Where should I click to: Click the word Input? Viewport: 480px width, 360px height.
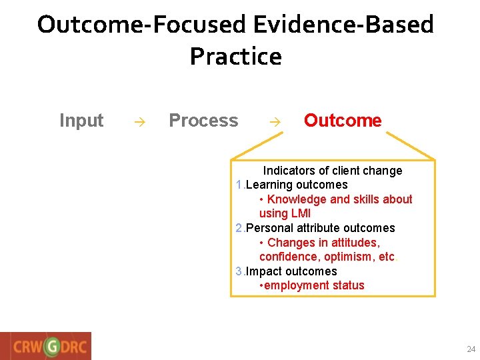(x=81, y=121)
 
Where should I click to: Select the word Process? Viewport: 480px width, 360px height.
(x=203, y=121)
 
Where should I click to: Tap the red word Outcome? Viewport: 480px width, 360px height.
(x=343, y=121)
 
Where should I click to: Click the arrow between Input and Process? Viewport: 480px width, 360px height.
(x=138, y=122)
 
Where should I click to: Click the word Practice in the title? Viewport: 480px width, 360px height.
(x=235, y=57)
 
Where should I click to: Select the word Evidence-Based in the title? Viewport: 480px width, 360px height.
(x=343, y=25)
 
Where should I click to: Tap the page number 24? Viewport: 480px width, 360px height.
(x=471, y=349)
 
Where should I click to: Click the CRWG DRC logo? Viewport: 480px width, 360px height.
(x=46, y=346)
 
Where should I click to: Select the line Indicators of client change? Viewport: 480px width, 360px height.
(x=332, y=171)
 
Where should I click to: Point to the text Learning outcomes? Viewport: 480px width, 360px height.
(x=297, y=185)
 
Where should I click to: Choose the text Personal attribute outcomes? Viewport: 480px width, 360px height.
(x=320, y=228)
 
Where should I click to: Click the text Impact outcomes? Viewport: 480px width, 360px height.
(x=291, y=271)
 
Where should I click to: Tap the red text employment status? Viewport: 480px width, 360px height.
(x=314, y=285)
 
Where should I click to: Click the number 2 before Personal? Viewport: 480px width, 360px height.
(x=239, y=228)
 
